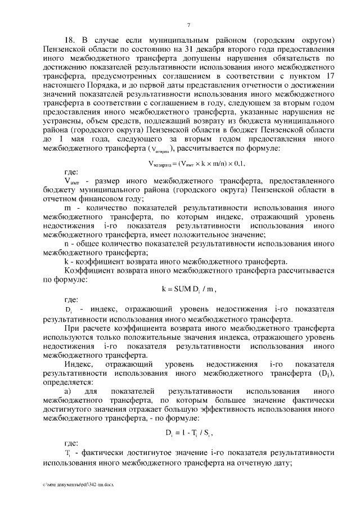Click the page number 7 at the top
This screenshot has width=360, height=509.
(188, 24)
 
